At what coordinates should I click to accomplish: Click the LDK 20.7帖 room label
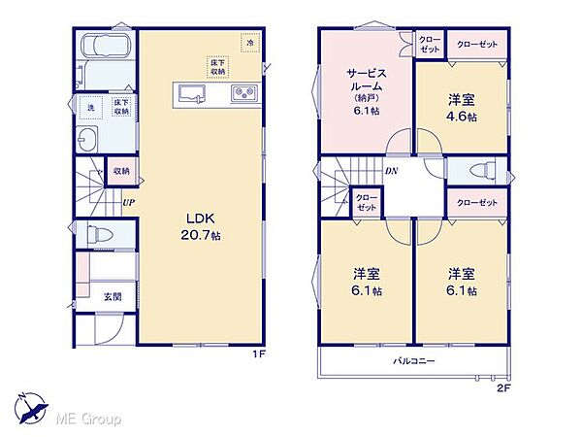click(201, 226)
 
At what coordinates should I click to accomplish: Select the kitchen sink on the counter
click(191, 94)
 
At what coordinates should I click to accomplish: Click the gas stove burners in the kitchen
click(244, 93)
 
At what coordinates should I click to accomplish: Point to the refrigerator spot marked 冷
click(250, 43)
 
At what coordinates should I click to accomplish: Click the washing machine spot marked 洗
click(91, 108)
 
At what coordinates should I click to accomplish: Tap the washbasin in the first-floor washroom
click(87, 139)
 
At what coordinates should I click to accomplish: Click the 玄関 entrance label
click(113, 296)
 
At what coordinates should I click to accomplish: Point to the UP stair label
click(129, 203)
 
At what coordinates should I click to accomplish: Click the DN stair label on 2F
click(391, 171)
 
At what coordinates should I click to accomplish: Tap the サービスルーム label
click(367, 80)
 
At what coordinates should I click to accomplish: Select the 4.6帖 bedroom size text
click(462, 117)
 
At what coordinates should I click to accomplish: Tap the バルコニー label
click(414, 361)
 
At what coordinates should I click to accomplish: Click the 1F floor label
click(259, 354)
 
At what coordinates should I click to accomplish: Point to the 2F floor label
click(503, 388)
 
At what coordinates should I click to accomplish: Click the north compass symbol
click(31, 408)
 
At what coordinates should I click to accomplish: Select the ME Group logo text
click(88, 420)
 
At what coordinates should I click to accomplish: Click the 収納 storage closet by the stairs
click(121, 171)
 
